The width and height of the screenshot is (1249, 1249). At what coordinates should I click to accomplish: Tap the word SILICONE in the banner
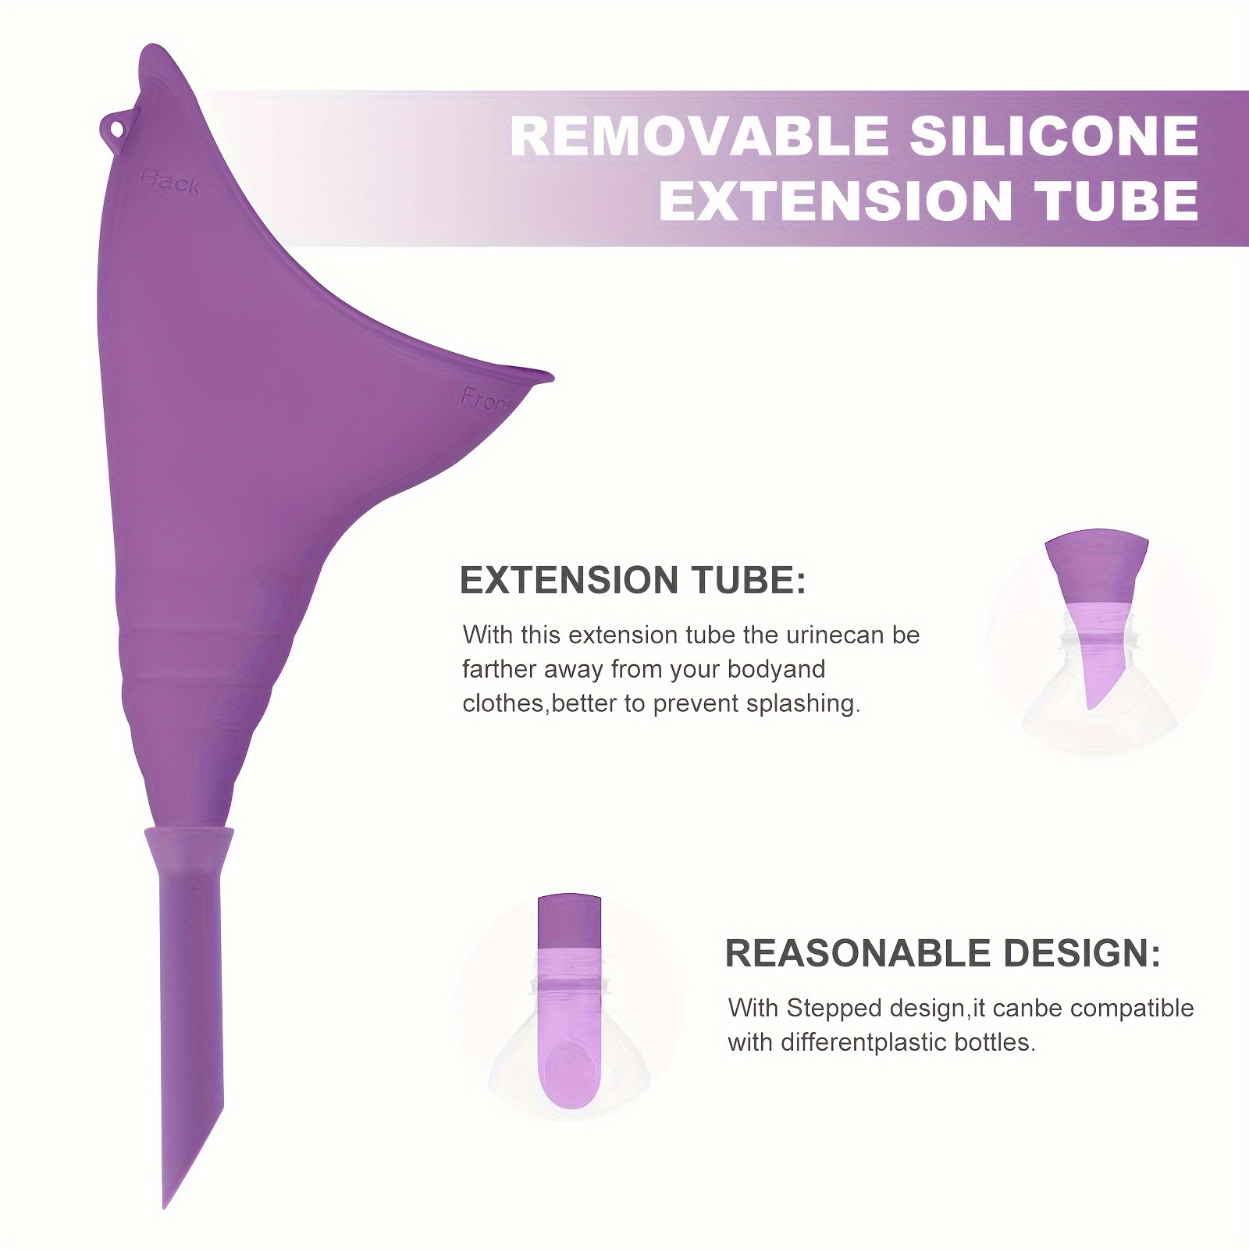[1054, 136]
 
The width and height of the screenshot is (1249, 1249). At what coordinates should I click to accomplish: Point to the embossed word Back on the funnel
[170, 182]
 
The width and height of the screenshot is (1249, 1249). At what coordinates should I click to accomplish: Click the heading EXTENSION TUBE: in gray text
[633, 581]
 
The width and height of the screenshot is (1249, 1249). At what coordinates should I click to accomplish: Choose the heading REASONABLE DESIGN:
[943, 954]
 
